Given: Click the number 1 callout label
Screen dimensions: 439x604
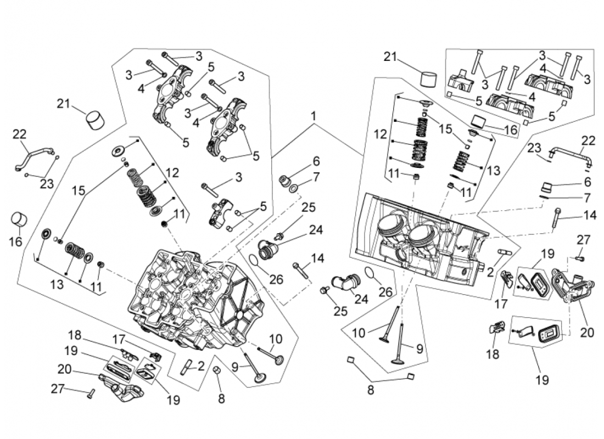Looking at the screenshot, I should click(314, 116).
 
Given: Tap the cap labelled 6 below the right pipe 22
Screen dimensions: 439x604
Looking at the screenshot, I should click(550, 184).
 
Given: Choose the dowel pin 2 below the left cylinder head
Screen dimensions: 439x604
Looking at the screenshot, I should click(187, 367).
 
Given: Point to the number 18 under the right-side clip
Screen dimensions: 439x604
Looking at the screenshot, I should click(493, 354).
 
